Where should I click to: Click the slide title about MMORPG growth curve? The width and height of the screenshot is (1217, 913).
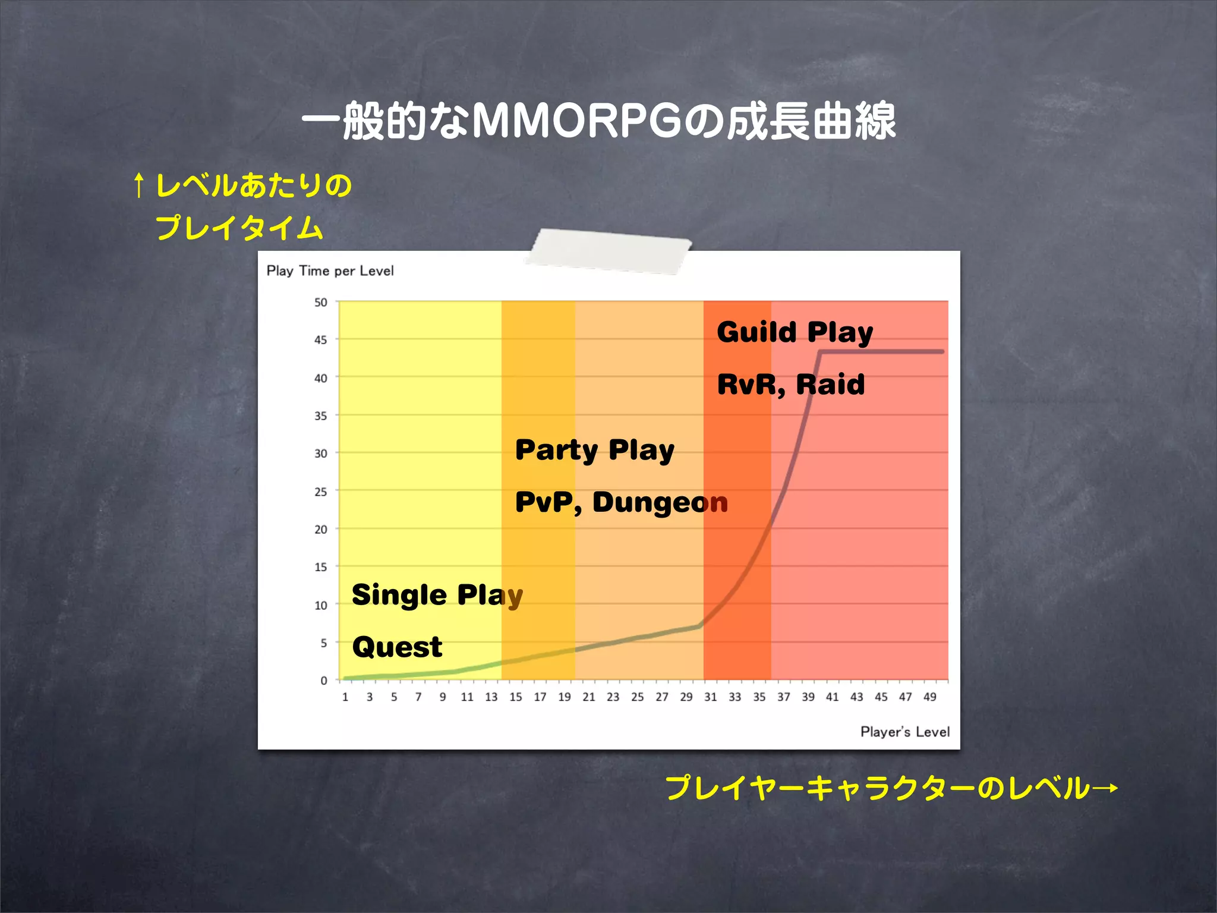[x=599, y=121]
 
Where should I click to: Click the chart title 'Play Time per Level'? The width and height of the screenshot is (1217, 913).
[x=330, y=271]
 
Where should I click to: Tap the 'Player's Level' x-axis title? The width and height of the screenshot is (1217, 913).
[x=904, y=732]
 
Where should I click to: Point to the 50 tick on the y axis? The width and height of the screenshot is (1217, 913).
[x=321, y=303]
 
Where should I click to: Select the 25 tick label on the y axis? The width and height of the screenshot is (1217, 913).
[x=321, y=492]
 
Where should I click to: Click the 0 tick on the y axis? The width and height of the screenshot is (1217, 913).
[x=324, y=681]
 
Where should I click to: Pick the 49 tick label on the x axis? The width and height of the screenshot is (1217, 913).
[x=929, y=697]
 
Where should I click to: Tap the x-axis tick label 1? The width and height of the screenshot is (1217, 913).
[x=345, y=697]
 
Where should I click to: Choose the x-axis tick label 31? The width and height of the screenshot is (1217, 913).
[x=711, y=697]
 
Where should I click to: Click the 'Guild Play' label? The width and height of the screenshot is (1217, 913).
[x=795, y=332]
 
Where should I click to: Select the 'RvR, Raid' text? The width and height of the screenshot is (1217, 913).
[x=791, y=385]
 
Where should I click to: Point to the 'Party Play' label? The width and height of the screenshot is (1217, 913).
[x=595, y=450]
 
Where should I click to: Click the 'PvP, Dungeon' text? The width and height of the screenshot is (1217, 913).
[x=622, y=502]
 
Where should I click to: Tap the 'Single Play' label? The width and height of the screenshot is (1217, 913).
[x=437, y=595]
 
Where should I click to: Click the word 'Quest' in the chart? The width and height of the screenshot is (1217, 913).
[x=397, y=647]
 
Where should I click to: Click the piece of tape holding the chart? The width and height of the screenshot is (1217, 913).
[x=609, y=251]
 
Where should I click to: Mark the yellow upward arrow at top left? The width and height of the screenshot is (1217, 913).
[x=138, y=185]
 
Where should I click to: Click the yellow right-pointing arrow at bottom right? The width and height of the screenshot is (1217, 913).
[x=1105, y=789]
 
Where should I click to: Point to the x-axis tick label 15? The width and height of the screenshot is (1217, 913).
[x=515, y=697]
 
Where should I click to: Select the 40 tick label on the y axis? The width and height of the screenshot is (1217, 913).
[x=321, y=378]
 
